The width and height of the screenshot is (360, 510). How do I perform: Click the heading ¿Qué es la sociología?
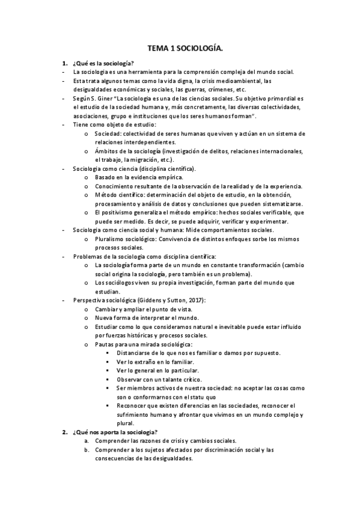103,63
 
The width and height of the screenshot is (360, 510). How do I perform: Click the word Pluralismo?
111,239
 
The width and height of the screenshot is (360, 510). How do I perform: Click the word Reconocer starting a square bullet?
133,406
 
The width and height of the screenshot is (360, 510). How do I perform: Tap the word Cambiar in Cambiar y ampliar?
107,309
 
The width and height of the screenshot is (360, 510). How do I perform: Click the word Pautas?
105,344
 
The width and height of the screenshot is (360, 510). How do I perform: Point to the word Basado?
106,178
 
